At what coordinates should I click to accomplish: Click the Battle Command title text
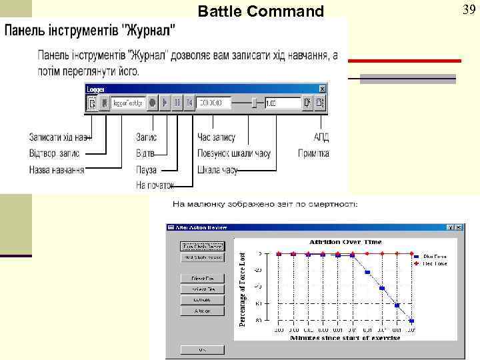point(261,11)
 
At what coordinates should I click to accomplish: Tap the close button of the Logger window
point(323,88)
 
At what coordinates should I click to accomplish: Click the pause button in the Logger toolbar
point(177,103)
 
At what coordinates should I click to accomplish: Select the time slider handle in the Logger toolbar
point(253,103)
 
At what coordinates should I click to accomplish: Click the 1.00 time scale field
point(281,103)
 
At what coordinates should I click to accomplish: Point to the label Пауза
point(146,170)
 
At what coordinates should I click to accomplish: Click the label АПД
point(321,137)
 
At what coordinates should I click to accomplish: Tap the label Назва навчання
point(57,170)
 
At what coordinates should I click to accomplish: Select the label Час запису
point(217,137)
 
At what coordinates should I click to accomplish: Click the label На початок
point(155,185)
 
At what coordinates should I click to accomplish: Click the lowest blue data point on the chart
point(412,321)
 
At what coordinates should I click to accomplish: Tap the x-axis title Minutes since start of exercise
point(345,338)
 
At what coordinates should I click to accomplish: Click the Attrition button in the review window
point(203,311)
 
